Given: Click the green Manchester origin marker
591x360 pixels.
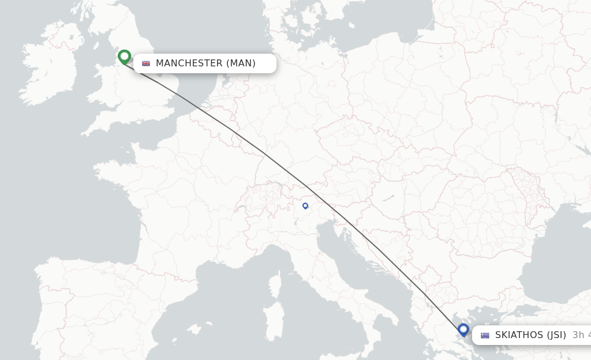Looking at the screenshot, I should [x=124, y=57].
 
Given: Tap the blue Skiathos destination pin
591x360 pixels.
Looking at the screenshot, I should [x=463, y=329].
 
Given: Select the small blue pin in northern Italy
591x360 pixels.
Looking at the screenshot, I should [x=305, y=205].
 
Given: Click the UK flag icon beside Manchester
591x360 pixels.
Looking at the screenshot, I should [x=146, y=63].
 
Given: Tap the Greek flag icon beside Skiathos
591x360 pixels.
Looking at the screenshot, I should [x=485, y=335].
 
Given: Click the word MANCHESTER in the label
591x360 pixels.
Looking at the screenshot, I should [x=189, y=63].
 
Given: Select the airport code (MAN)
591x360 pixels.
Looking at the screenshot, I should [x=241, y=63].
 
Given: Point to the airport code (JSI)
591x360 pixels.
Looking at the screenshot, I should [x=556, y=335].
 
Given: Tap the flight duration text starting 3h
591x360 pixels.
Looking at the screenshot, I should [x=581, y=335].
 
